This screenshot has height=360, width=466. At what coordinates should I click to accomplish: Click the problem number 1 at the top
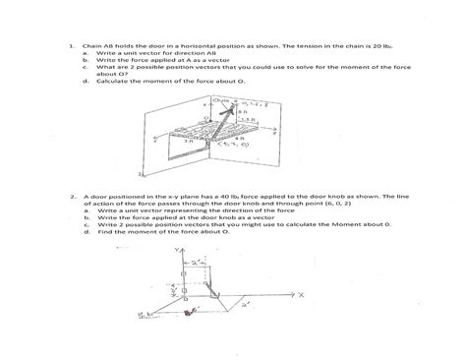click(71, 44)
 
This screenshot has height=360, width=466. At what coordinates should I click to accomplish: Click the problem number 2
click(71, 197)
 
